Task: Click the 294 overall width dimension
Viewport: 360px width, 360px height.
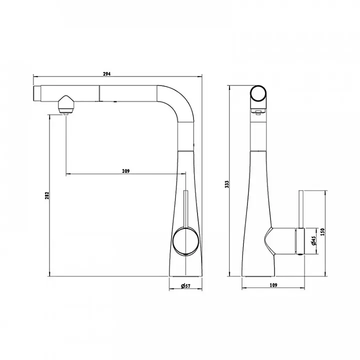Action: [107, 74]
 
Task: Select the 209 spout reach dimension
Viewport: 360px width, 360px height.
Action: [126, 171]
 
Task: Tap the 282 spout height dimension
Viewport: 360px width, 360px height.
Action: [47, 195]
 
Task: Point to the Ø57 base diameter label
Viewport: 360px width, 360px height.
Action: [185, 286]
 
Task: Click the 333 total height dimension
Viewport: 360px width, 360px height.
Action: [227, 184]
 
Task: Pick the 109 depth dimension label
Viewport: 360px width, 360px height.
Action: [273, 285]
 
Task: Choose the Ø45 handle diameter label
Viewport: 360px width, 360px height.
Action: [314, 240]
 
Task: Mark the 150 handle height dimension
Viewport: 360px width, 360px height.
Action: [322, 232]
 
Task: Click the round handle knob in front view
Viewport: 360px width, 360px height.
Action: [185, 241]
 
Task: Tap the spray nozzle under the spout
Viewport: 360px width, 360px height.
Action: [66, 104]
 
